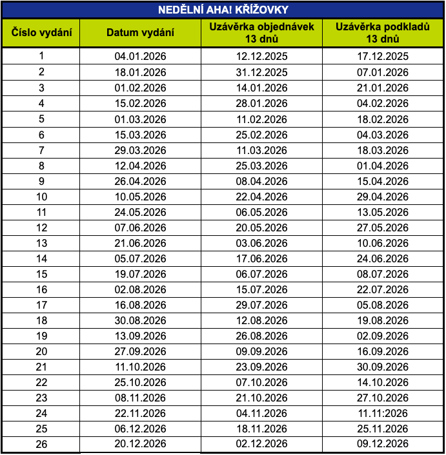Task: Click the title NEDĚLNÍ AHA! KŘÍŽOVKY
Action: pos(223,10)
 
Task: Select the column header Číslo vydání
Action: pos(41,32)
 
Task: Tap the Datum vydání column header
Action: pos(140,32)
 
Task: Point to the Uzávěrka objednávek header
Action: pos(261,32)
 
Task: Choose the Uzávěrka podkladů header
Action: pos(383,32)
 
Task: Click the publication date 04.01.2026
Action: pos(140,56)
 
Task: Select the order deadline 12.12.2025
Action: pos(261,56)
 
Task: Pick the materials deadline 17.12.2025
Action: pos(383,56)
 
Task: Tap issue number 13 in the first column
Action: pos(41,243)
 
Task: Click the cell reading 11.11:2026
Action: pos(383,414)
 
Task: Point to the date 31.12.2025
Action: pos(261,72)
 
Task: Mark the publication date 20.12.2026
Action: pos(140,445)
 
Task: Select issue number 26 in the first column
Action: pos(41,445)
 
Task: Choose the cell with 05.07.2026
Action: pos(140,258)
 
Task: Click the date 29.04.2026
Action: pos(383,197)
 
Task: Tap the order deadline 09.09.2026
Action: pos(261,352)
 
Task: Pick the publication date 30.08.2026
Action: pos(140,321)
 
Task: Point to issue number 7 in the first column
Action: pos(41,150)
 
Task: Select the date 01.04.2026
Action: pos(383,166)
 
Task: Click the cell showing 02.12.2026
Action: pos(261,445)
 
